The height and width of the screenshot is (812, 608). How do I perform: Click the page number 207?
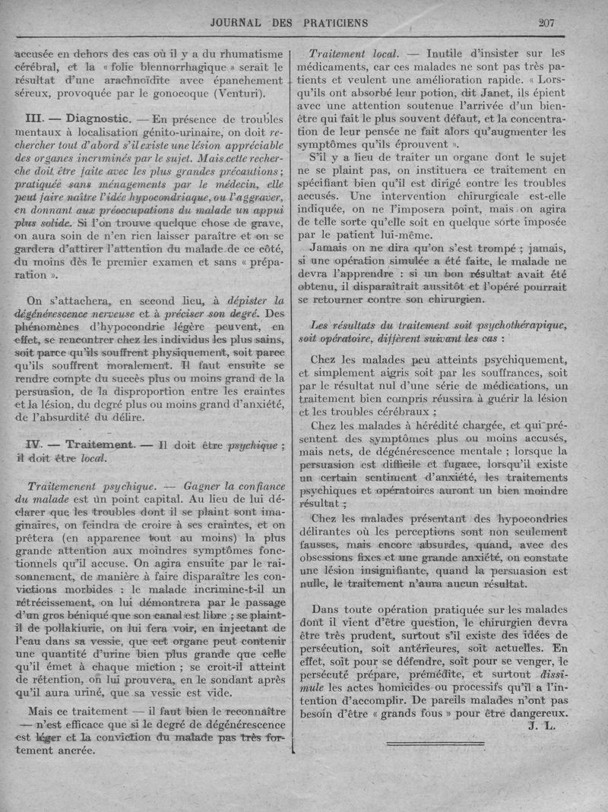(x=546, y=23)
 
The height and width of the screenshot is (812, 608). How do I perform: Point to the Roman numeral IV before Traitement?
(x=33, y=444)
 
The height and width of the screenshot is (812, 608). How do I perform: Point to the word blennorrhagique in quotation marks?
(x=174, y=67)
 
